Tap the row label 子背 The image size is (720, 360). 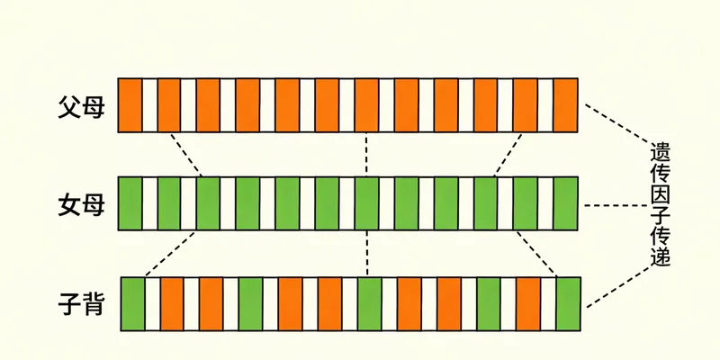(80, 304)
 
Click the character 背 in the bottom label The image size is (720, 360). (95, 304)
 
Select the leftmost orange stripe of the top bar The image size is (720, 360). (130, 105)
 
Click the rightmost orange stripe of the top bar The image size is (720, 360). (565, 105)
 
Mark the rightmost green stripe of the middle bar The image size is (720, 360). (565, 204)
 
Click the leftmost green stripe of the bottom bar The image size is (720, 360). (133, 303)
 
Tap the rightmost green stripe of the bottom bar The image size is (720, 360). (569, 303)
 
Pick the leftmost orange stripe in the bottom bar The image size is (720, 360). (172, 303)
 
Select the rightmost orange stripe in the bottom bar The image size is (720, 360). (528, 303)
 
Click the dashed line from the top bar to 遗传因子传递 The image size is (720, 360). (619, 123)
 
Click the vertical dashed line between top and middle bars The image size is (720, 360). (366, 154)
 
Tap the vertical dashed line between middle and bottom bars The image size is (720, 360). (367, 254)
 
